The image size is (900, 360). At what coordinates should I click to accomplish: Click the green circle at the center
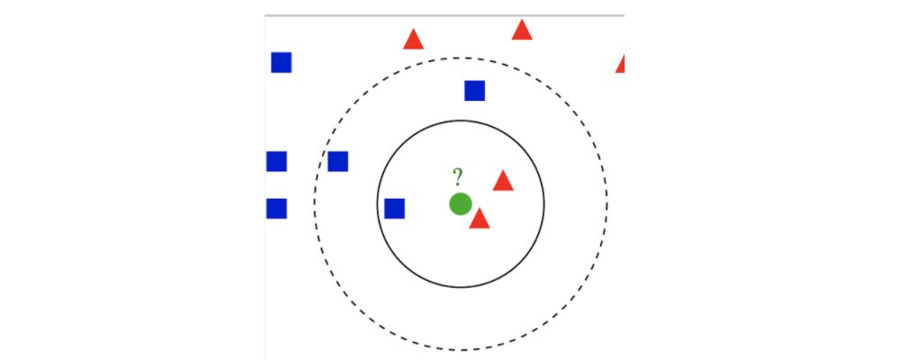460,204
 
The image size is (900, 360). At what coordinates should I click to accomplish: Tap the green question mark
457,176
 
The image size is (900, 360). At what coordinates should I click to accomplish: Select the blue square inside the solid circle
394,209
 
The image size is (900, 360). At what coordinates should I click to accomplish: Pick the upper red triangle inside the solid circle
503,182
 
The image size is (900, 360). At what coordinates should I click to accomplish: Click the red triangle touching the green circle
479,219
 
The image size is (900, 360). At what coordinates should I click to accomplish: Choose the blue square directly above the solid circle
474,91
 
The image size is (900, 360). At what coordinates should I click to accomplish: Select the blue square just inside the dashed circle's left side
337,162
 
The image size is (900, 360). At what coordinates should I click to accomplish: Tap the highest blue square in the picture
282,63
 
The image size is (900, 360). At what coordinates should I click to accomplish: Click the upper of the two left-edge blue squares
276,162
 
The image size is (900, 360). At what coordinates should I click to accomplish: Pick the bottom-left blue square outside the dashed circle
276,209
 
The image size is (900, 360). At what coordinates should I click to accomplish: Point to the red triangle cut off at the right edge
620,65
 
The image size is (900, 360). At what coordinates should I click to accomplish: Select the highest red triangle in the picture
522,31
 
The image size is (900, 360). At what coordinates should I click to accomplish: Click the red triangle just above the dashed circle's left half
413,40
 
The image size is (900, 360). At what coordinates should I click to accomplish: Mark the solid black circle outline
544,204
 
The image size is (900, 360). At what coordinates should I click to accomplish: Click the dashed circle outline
607,204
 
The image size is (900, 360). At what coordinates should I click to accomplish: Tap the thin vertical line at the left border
265,270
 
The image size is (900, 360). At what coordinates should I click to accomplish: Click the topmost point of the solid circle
460,121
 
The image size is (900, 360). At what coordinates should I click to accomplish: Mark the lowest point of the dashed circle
460,350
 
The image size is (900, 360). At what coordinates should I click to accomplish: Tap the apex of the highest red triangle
522,20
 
